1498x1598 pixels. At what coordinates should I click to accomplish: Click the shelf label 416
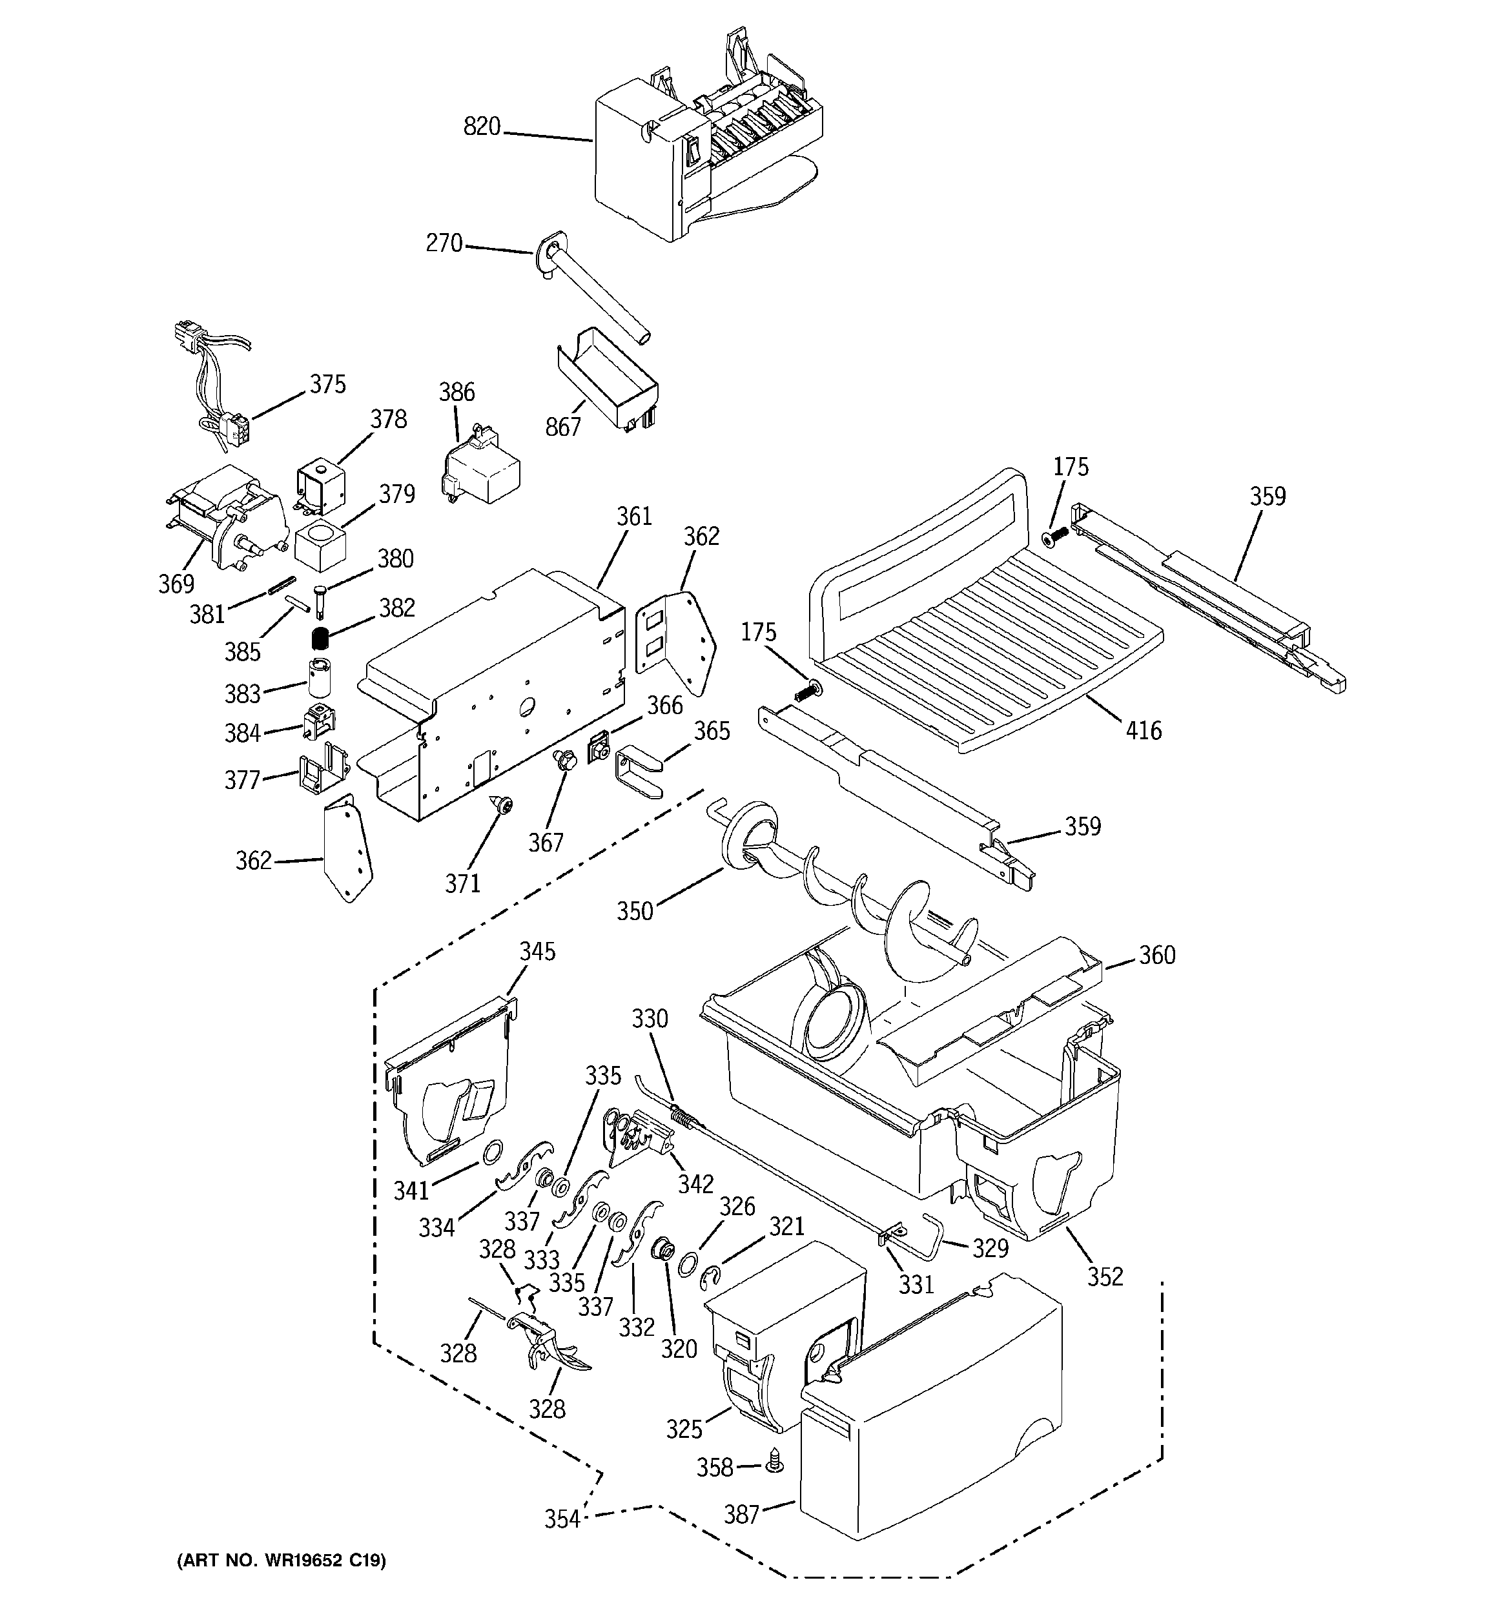1144,731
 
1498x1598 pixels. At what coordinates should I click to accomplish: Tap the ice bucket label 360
1157,955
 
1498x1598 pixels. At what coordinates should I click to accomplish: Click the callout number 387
741,1515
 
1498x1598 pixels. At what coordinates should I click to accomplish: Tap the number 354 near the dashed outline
562,1519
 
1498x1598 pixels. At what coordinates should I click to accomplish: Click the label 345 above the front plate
537,952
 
